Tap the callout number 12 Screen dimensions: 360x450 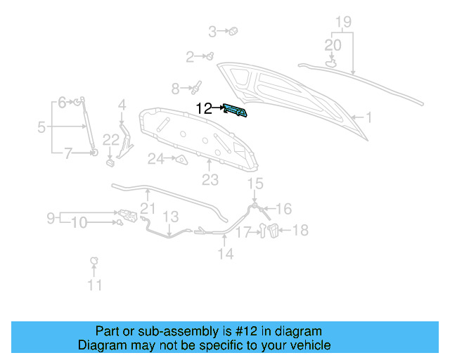coord(204,108)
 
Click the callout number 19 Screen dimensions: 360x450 coord(342,22)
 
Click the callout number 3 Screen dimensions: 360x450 coord(212,31)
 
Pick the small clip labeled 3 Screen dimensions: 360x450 coord(234,31)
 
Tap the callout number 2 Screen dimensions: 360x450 coord(190,56)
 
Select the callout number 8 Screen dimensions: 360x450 coord(175,89)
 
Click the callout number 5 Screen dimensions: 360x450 coord(41,127)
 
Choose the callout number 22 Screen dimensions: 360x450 coord(111,140)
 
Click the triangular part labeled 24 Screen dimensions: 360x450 coord(181,160)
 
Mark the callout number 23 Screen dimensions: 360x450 coord(210,180)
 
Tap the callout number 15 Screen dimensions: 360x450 coord(255,184)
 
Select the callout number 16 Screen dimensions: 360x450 coord(283,209)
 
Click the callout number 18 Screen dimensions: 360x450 coord(300,230)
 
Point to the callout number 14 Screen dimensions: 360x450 coord(225,254)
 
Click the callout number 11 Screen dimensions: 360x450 coord(94,285)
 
